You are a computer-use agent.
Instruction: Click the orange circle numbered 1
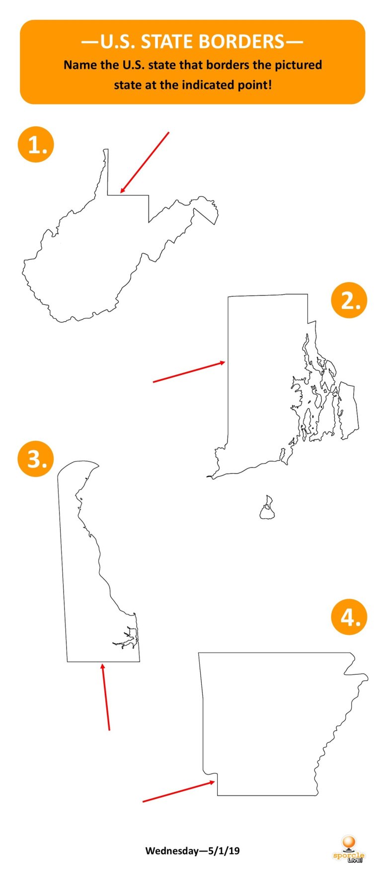point(36,144)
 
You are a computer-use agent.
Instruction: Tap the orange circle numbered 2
point(349,300)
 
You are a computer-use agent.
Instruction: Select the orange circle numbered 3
point(36,458)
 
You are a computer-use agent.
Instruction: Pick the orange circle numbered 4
point(349,617)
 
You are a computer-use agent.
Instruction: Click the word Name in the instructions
point(77,65)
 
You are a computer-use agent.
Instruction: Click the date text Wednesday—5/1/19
point(192,850)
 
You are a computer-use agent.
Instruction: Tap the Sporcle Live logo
point(348,849)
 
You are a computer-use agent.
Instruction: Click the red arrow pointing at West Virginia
point(145,162)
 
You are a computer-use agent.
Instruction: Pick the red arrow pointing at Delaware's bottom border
point(105,696)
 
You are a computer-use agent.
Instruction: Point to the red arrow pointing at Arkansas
point(179,791)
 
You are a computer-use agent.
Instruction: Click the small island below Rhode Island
point(267,508)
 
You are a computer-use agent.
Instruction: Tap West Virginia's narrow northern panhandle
point(106,172)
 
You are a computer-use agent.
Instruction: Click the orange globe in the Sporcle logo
point(349,842)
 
